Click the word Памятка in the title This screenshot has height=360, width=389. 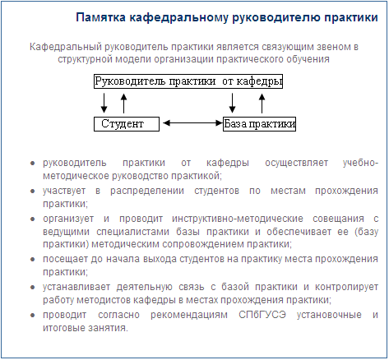pos(100,17)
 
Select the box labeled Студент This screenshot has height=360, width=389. pos(127,124)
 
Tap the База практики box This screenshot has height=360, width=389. pos(259,124)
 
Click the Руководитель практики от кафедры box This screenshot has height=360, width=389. pos(188,81)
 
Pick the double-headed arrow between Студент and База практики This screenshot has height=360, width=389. pos(193,123)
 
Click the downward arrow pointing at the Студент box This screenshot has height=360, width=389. pos(104,103)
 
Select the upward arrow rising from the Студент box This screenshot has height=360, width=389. pos(124,104)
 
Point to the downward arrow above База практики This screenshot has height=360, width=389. pos(232,103)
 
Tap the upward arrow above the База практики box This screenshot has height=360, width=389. pos(262,104)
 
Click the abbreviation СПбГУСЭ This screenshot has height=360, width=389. pos(262,315)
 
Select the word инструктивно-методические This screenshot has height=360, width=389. pos(238,219)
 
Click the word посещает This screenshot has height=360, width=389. pos(65,259)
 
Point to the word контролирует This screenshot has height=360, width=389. pos(346,287)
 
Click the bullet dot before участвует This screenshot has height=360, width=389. pos(33,191)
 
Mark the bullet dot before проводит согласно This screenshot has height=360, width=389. pos(33,316)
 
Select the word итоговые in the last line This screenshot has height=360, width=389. pos(62,328)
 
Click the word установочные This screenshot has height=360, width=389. pos(329,315)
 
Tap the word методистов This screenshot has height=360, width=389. pos(104,300)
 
